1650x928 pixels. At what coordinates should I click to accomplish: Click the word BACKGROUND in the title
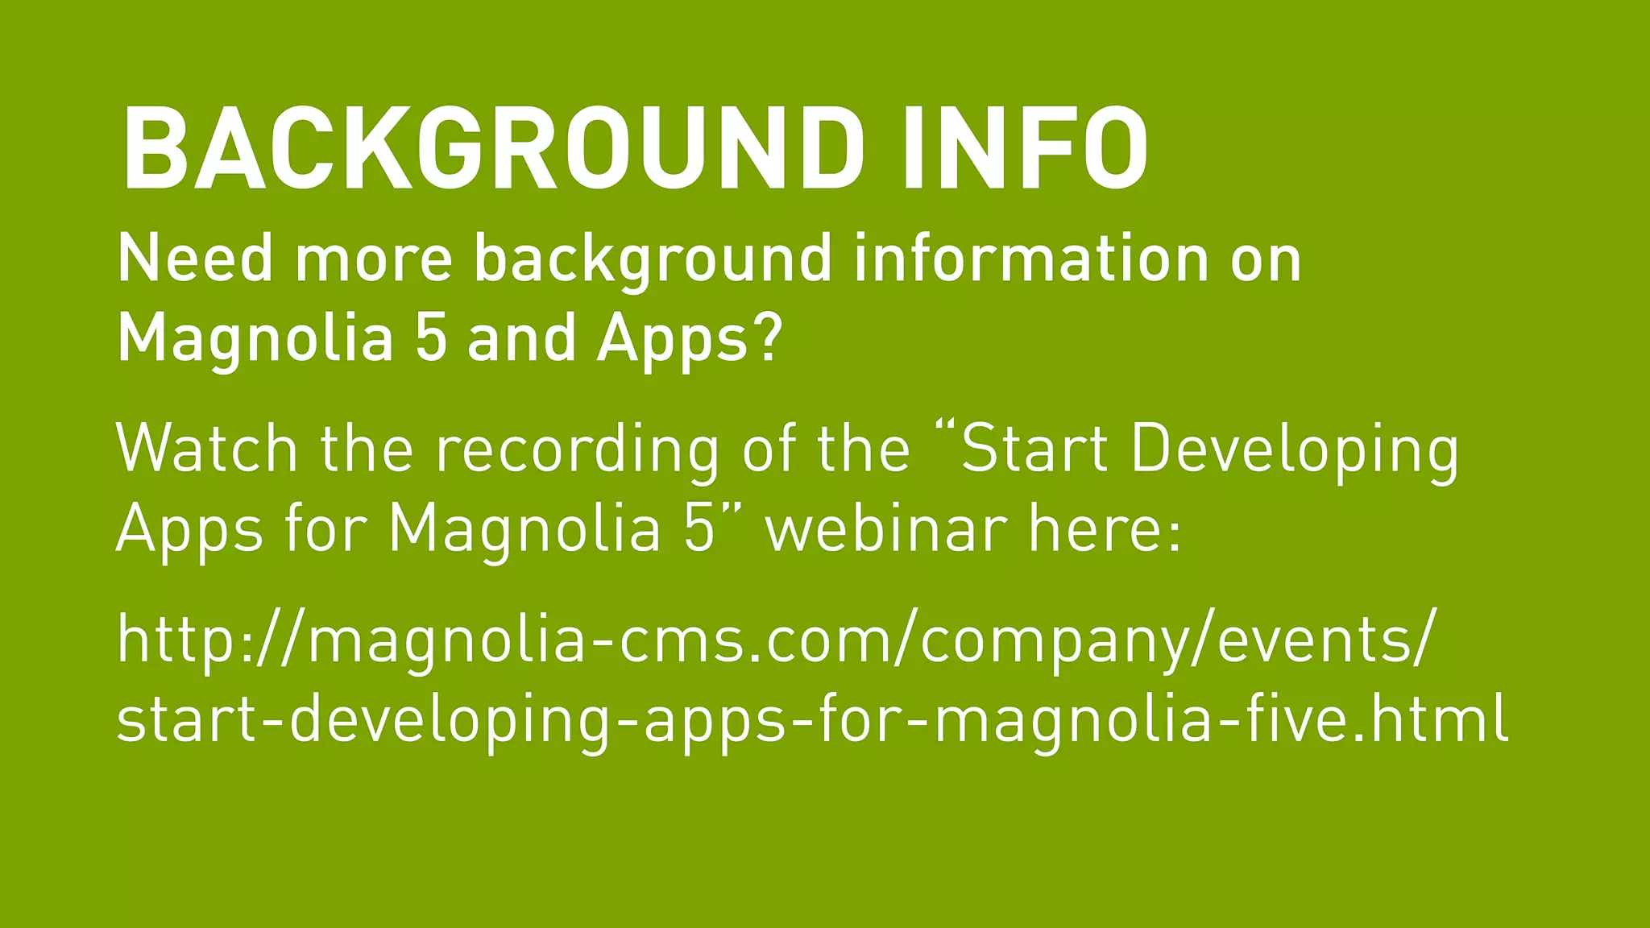tap(492, 149)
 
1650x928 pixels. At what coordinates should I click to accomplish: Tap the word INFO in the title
tap(1026, 149)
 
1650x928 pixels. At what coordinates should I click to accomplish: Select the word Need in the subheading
tap(196, 259)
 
